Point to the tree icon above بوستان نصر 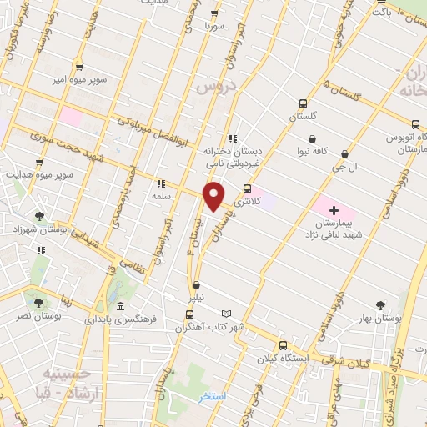pos(39,300)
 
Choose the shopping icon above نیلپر pos(195,284)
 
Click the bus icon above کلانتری pos(246,188)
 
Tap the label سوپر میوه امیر pos(78,79)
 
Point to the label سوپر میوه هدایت pos(38,175)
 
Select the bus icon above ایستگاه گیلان pos(283,344)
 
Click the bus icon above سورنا pos(215,14)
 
